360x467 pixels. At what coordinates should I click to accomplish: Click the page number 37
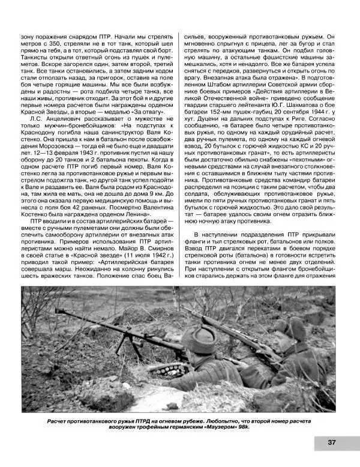pos(332,443)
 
